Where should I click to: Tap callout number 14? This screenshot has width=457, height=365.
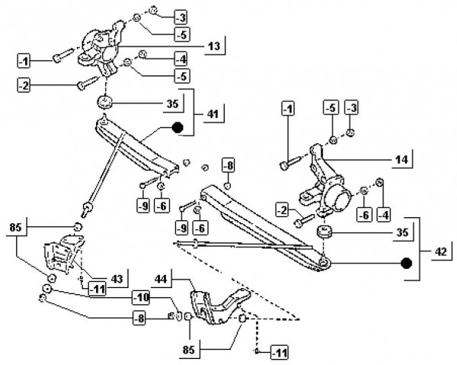[x=402, y=160]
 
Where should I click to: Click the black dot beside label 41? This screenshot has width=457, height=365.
[x=177, y=128]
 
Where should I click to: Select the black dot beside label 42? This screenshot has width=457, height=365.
[x=407, y=264]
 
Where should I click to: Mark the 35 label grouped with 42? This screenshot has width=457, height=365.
[x=402, y=232]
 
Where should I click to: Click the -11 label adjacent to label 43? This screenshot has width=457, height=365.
[x=96, y=288]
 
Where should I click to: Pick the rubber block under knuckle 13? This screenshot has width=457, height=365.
[x=104, y=102]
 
